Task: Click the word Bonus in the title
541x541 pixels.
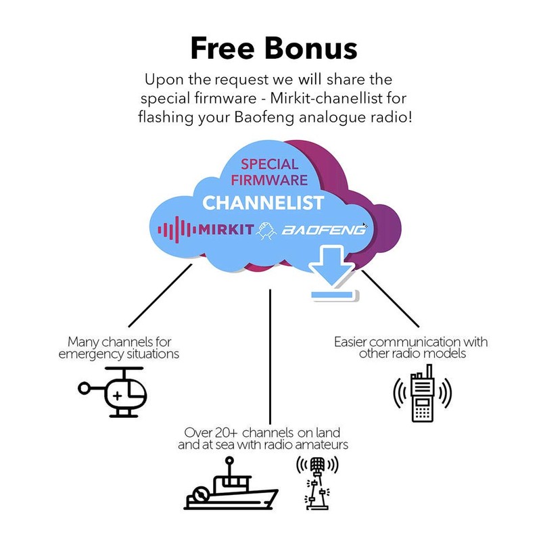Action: pos(311,48)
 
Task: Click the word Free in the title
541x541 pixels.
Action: pos(222,48)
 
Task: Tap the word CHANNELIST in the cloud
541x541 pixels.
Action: pos(263,202)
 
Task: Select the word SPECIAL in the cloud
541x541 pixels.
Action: pos(269,164)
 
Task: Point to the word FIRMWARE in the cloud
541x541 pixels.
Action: pos(269,180)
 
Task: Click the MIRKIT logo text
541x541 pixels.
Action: pos(226,229)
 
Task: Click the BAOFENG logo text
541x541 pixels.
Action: pos(324,229)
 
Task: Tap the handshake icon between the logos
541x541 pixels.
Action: pos(266,230)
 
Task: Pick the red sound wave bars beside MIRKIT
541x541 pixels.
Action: pos(177,229)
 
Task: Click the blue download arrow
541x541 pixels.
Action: pos(332,272)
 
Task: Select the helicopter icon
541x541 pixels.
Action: pos(112,392)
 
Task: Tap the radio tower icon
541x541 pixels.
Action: pos(317,482)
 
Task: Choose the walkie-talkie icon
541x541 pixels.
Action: pos(422,393)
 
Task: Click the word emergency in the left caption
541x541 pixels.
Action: pos(91,354)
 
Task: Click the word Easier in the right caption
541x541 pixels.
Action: pos(352,342)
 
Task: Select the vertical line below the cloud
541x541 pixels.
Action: pos(270,357)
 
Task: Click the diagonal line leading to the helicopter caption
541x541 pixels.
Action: pos(160,296)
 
